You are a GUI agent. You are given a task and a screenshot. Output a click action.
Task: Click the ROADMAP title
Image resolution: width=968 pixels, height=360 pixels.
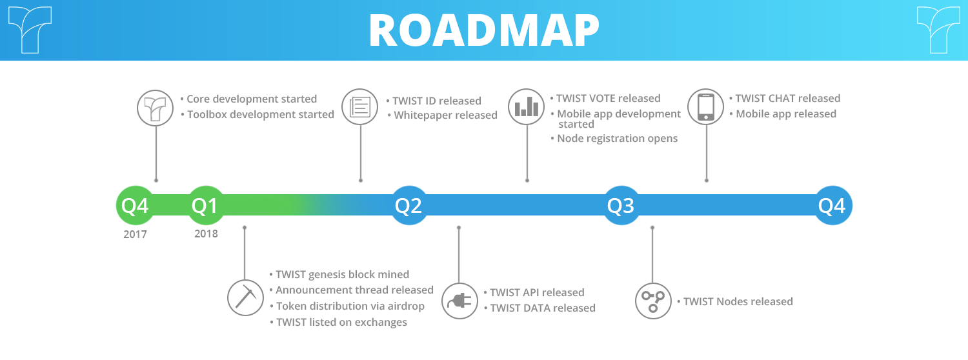(484, 30)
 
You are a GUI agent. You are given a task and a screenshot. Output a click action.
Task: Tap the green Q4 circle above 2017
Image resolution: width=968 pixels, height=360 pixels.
(136, 205)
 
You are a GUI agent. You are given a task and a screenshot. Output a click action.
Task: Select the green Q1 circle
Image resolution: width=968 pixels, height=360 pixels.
(206, 205)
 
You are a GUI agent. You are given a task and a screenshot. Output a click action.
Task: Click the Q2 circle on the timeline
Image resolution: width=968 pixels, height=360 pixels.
(409, 205)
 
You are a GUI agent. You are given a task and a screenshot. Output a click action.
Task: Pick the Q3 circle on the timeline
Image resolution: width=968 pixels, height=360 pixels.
(621, 205)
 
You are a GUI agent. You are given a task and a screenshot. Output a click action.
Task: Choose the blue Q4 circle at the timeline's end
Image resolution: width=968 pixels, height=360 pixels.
(832, 205)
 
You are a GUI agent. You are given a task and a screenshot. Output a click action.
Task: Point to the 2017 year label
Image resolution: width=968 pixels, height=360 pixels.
(136, 234)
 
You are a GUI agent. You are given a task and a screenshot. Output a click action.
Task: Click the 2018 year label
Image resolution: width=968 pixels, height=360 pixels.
(206, 234)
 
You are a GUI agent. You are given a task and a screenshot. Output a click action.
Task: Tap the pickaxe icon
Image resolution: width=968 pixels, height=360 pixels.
(245, 298)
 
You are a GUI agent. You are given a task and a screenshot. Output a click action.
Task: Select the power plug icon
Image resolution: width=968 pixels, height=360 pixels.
(459, 301)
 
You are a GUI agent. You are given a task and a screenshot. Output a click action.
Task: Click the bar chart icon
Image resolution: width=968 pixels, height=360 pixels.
(527, 106)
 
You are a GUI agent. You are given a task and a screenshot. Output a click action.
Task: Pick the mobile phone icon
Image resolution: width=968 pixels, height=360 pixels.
(706, 106)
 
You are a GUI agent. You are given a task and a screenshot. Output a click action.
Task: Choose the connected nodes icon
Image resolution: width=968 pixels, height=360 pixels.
(653, 301)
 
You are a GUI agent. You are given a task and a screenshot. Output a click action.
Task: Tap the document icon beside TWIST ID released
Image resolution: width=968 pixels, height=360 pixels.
(360, 106)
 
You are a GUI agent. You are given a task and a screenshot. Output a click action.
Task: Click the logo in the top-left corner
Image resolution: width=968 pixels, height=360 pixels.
(30, 30)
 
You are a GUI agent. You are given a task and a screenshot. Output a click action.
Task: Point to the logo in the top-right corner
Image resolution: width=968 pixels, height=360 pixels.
(938, 30)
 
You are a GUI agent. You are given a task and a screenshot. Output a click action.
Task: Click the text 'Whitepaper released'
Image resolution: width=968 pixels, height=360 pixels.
(445, 115)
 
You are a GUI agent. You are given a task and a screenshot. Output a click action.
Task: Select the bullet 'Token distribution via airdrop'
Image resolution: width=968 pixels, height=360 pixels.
(347, 306)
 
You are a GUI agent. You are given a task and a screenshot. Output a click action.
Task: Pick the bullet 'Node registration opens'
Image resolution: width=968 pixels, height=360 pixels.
(614, 138)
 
